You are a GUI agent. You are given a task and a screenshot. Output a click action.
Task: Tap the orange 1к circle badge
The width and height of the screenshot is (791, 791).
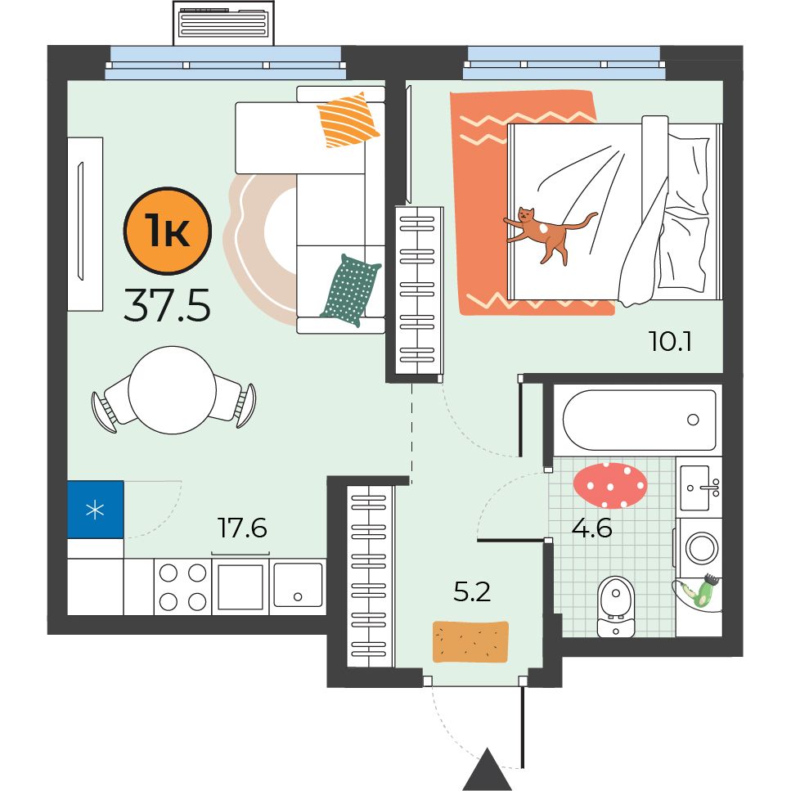point(168,231)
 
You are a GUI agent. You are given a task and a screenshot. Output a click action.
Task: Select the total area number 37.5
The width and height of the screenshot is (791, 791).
point(167,304)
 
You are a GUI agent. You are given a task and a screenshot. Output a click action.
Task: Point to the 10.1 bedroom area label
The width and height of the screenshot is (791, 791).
point(670,342)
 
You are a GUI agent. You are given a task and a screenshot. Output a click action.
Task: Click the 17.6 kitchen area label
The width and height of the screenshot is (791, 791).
point(242,528)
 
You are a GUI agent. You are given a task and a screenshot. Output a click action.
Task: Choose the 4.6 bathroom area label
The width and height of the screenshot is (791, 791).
point(591,528)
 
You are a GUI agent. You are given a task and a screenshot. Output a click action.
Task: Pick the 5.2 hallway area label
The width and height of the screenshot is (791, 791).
point(472,591)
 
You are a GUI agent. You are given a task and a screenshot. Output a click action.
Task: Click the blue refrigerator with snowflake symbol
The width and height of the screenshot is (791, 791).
point(96,510)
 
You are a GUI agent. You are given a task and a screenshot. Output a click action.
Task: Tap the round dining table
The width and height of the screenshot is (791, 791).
point(173,390)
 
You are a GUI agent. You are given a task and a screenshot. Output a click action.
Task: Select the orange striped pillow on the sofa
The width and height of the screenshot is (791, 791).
point(348,120)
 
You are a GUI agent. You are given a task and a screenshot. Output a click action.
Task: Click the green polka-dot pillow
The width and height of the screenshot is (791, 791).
point(351,290)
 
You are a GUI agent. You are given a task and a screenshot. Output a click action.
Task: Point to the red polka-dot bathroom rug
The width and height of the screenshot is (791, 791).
point(610,485)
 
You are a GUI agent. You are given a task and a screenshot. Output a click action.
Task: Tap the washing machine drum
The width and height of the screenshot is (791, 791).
point(702,548)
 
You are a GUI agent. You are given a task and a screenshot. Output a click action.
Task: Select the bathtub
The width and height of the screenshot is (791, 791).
point(639,420)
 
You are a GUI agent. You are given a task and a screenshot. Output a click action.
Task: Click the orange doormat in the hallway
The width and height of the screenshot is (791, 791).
point(470,641)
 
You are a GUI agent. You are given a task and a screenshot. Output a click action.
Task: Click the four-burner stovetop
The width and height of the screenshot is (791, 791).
point(182,587)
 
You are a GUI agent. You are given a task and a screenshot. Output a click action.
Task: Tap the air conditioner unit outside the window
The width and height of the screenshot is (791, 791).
point(223,23)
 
